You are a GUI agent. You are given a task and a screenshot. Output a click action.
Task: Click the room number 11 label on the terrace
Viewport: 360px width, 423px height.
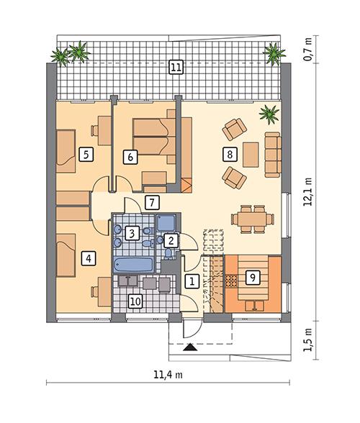(176, 68)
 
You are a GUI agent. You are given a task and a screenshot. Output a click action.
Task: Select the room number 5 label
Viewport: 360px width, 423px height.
(86, 154)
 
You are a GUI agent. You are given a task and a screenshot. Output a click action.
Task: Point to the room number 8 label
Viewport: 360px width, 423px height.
(230, 154)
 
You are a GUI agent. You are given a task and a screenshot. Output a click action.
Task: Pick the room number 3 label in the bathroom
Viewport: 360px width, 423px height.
(132, 233)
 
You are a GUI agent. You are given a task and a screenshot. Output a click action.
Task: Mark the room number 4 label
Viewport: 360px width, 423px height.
(89, 258)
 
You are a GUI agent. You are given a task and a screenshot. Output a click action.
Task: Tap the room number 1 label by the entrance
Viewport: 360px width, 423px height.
(192, 281)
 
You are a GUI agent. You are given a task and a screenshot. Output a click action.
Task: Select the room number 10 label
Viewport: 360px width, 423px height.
(135, 301)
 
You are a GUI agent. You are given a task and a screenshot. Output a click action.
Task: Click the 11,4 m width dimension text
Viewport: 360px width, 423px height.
(168, 375)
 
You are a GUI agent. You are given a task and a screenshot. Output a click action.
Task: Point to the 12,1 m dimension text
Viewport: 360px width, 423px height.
(308, 192)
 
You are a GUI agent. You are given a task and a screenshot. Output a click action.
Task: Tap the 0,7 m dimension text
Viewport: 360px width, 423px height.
(308, 53)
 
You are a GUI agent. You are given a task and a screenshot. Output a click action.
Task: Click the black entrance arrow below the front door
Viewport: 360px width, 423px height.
(189, 348)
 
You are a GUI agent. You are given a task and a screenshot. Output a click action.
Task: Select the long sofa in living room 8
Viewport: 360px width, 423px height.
(272, 153)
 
